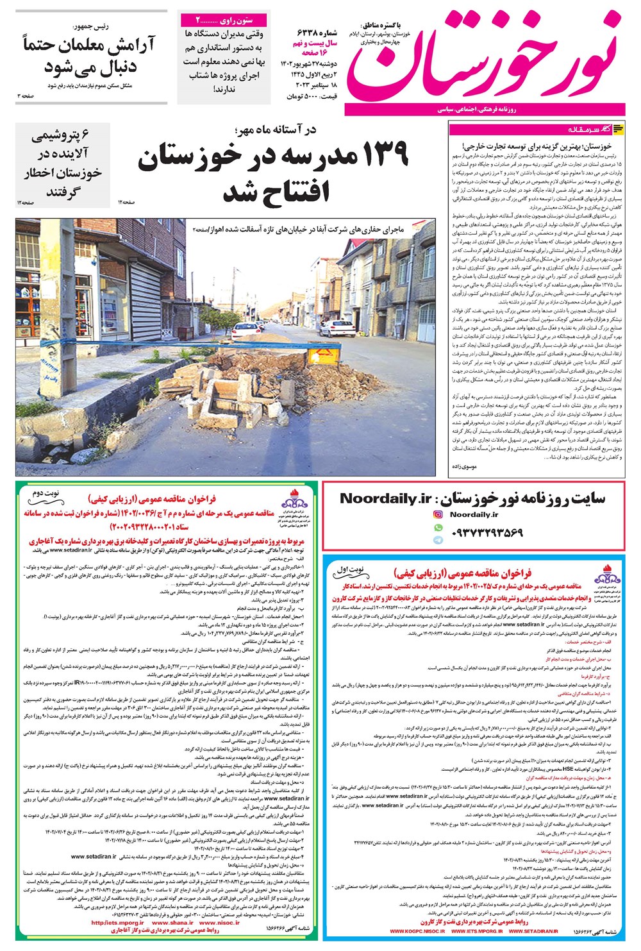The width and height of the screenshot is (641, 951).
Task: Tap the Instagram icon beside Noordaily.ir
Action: pyautogui.click(x=438, y=514)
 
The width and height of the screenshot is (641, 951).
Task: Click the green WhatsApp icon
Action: pyautogui.click(x=438, y=527)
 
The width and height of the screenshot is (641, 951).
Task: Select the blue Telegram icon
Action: pyautogui.click(x=438, y=540)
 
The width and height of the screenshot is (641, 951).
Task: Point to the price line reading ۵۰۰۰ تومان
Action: pyautogui.click(x=310, y=96)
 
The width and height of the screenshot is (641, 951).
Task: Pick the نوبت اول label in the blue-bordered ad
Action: pyautogui.click(x=350, y=569)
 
